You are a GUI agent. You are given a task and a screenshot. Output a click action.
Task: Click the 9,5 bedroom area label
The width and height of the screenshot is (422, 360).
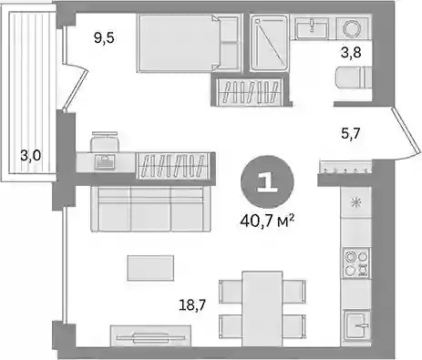[x=104, y=38]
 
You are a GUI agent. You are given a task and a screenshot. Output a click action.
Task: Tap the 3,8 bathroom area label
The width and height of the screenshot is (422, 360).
[x=351, y=52]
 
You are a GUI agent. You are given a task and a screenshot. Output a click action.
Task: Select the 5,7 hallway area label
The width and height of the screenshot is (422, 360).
[x=351, y=133]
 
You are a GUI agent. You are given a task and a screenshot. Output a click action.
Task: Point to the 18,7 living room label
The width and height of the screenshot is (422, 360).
[x=192, y=304]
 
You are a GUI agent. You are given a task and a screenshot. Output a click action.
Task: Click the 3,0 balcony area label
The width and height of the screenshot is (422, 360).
[x=30, y=156]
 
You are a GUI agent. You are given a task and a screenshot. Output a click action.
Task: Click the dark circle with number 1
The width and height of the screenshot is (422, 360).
[x=267, y=182]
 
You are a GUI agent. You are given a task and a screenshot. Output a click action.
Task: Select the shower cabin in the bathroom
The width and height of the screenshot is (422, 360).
[x=269, y=43]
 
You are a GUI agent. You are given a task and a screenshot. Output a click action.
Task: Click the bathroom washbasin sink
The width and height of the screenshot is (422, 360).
[x=312, y=27]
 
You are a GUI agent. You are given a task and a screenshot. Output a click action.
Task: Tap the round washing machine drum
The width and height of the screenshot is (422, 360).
[x=354, y=28]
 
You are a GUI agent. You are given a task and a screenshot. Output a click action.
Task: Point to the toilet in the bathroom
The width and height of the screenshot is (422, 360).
[x=354, y=77]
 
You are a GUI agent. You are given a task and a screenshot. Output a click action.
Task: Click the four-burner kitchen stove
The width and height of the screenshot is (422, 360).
[x=356, y=262]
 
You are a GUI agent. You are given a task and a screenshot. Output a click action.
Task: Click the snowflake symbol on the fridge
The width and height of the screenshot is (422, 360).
[x=355, y=202]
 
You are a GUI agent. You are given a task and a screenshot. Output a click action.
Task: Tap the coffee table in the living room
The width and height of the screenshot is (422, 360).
[x=150, y=268]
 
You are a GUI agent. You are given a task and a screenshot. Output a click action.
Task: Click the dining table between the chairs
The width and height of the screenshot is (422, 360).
[x=262, y=309]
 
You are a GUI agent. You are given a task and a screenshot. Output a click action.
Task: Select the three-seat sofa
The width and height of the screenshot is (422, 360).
[x=151, y=209]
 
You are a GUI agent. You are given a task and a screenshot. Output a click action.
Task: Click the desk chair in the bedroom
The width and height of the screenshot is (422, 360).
[x=104, y=141]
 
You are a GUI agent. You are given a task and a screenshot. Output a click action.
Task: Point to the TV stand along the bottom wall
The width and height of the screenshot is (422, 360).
[x=150, y=335]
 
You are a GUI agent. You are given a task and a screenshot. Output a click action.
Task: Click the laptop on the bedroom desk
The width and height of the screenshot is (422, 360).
[x=105, y=161]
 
